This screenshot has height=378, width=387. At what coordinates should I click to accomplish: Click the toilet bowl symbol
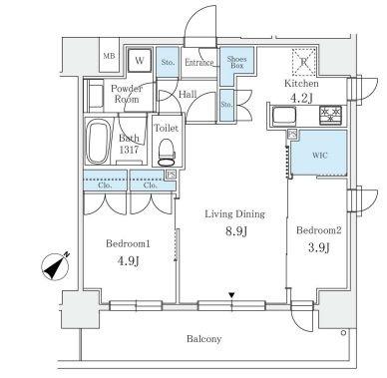click(x=167, y=153)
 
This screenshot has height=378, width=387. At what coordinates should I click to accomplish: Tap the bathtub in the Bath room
click(x=98, y=142)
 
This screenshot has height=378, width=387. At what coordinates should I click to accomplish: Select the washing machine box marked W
click(x=140, y=61)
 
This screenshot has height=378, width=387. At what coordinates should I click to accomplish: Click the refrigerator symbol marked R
click(x=303, y=61)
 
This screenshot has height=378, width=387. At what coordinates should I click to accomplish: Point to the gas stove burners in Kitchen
click(x=331, y=115)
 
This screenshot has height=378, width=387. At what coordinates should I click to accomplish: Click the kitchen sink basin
click(x=284, y=116)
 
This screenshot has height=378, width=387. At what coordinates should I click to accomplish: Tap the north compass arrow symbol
click(x=55, y=266)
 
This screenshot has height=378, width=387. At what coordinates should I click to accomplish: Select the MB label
click(x=109, y=56)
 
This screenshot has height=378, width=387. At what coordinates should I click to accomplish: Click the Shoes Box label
click(x=236, y=62)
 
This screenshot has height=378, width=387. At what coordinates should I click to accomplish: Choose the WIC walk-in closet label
click(x=320, y=156)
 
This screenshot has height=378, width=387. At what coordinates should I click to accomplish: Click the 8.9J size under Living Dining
click(x=236, y=231)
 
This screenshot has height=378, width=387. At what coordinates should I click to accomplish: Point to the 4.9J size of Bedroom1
click(x=128, y=261)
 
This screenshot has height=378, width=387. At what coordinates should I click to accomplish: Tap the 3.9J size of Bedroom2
click(x=319, y=247)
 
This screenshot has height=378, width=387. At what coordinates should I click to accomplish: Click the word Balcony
click(x=203, y=339)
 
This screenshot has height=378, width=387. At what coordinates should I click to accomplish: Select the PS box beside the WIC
click(x=292, y=134)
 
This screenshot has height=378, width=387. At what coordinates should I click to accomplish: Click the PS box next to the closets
click(x=171, y=175)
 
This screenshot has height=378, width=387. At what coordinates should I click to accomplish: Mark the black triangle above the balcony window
click(x=231, y=295)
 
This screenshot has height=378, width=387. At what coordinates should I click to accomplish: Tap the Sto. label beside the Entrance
click(x=168, y=62)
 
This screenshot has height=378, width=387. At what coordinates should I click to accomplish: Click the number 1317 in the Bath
click(x=129, y=150)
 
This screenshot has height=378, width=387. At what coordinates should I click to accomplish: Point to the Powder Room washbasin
click(x=96, y=96)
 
